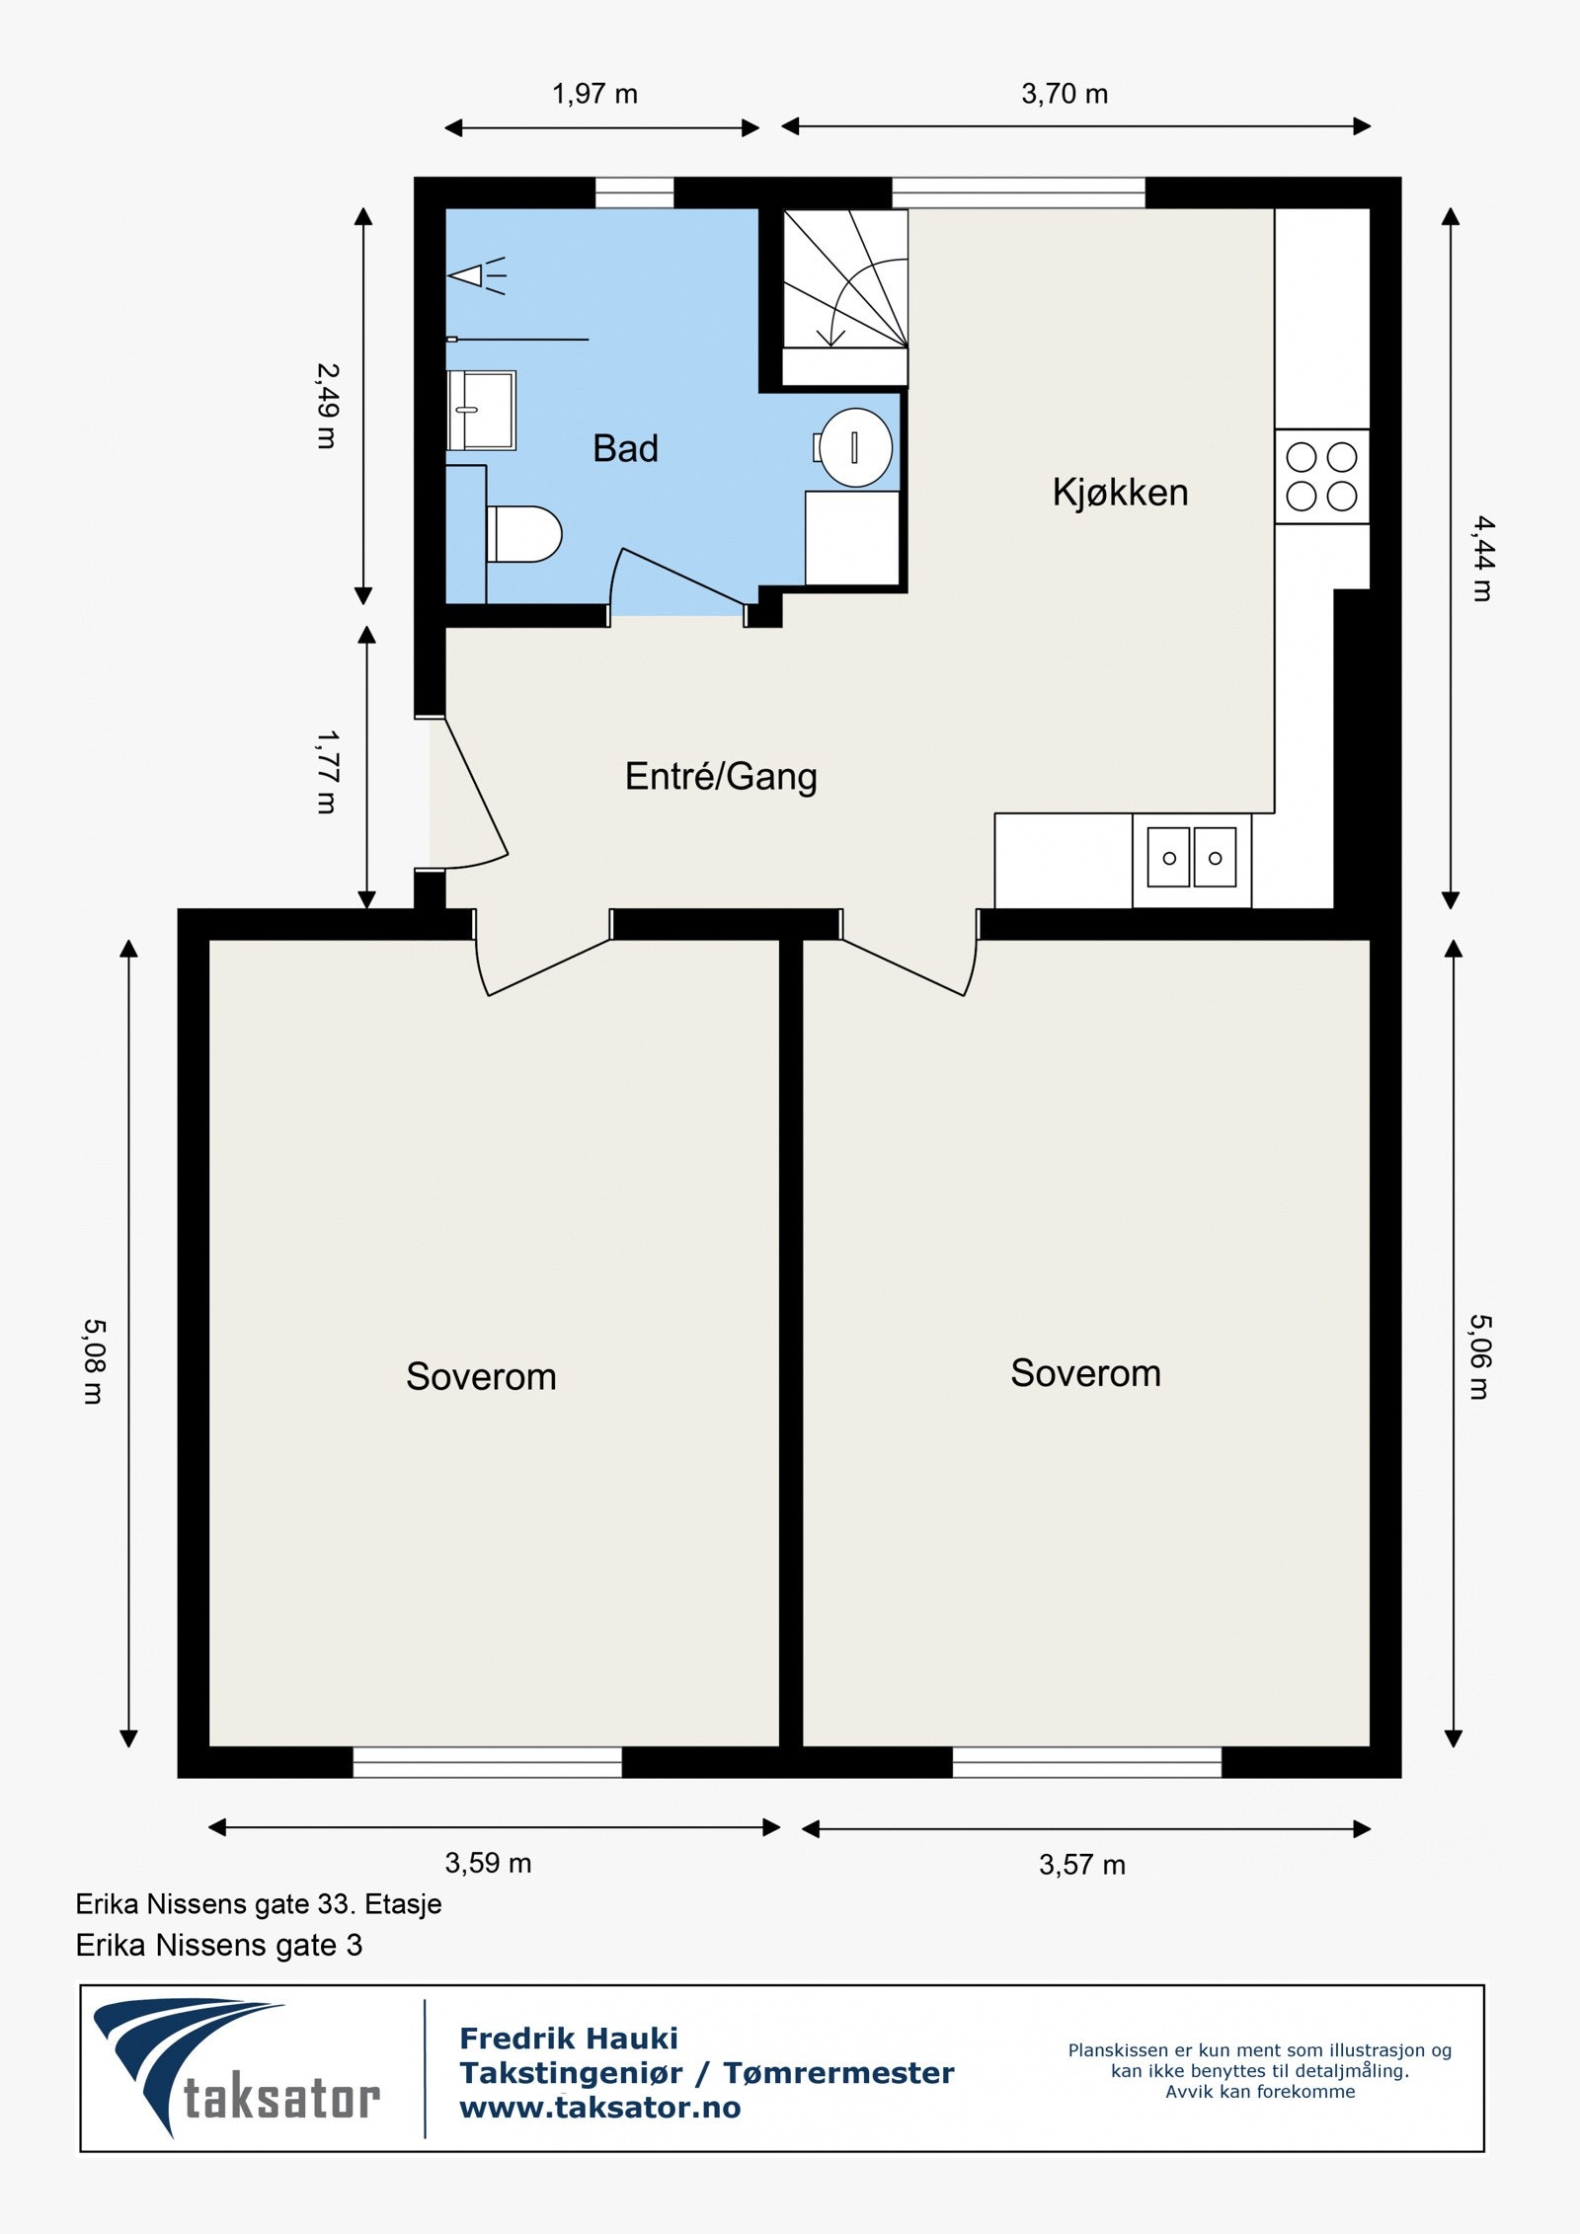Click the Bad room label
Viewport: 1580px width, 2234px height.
coord(625,448)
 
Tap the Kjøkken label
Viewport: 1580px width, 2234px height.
coord(1120,493)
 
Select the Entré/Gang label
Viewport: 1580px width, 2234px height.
coord(721,777)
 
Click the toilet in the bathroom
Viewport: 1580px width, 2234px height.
coord(524,534)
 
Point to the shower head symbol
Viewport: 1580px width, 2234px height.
coord(477,275)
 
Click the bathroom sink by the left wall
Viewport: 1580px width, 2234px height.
coord(481,411)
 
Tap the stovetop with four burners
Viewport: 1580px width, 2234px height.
coord(1321,477)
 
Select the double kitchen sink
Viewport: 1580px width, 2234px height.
coord(1192,858)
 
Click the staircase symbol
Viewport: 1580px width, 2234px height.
coord(845,296)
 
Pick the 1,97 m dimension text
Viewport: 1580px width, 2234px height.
coord(594,95)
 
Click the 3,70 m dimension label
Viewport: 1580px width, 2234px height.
coord(1065,95)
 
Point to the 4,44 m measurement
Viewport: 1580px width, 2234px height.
coord(1482,559)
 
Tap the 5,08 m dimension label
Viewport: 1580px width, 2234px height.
coord(94,1361)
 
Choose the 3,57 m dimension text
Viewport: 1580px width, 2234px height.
coord(1082,1866)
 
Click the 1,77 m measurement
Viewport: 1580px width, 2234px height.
coord(327,772)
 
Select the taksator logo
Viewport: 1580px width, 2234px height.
coord(237,2068)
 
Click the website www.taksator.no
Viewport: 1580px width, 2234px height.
coord(600,2107)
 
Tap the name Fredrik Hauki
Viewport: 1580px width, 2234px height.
coord(569,2038)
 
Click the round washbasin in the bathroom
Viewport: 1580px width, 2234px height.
coord(855,447)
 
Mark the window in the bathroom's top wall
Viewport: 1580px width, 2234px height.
coord(634,193)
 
